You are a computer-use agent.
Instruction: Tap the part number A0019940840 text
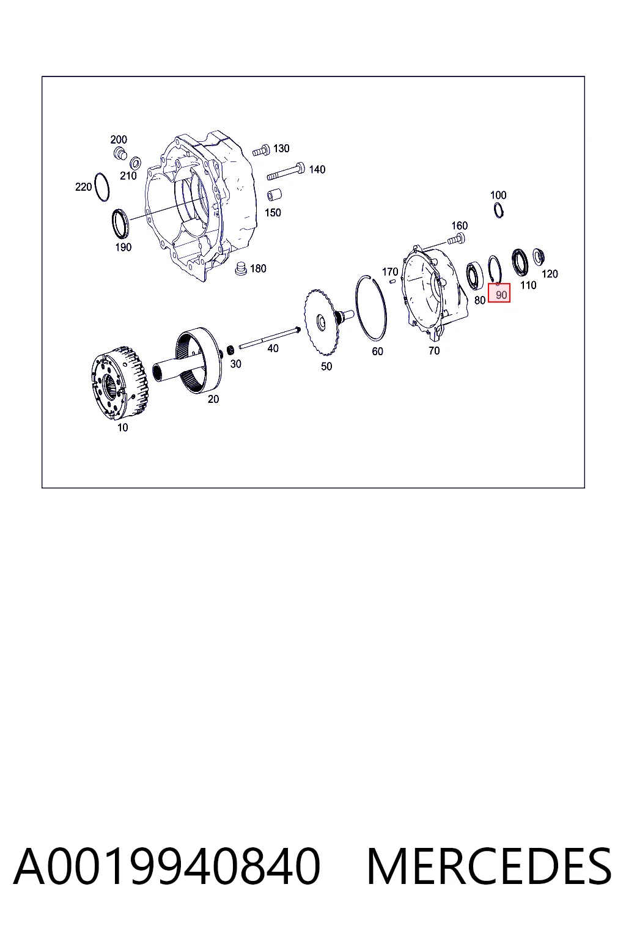tap(167, 866)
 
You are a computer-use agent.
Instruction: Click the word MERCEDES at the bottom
tap(489, 866)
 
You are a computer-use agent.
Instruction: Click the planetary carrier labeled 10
tap(119, 383)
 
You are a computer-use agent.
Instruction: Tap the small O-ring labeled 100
tap(498, 210)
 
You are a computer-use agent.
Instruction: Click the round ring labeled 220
tap(102, 186)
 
